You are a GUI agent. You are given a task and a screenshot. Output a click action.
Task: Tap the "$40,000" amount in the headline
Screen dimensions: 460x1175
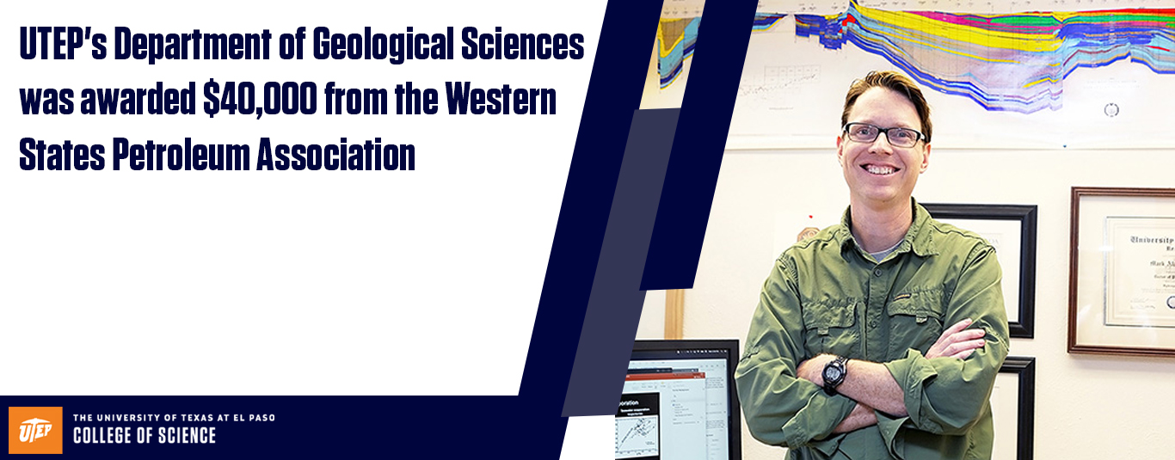tap(261, 101)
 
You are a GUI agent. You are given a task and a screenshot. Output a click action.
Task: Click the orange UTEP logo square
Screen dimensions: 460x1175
tap(35, 429)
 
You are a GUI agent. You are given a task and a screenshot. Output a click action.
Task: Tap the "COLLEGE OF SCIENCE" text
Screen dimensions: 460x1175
tap(145, 436)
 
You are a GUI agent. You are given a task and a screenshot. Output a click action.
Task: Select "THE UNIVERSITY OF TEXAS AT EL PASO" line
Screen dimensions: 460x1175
tap(174, 418)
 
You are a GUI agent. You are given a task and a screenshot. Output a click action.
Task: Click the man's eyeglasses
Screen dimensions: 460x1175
tap(883, 135)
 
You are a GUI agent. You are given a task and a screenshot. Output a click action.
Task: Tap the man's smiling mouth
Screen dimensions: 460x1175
tap(881, 169)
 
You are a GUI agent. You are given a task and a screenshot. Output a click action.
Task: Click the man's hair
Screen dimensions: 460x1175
tap(886, 90)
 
